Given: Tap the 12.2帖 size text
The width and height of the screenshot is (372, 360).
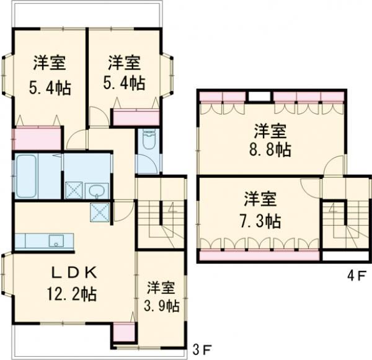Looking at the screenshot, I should [x=73, y=293].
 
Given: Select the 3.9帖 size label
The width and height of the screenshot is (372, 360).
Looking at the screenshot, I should [x=161, y=305].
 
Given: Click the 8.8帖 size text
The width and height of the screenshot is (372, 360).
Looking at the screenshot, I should [x=270, y=149].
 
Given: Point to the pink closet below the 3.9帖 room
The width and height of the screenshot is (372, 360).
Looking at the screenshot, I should [x=123, y=332].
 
